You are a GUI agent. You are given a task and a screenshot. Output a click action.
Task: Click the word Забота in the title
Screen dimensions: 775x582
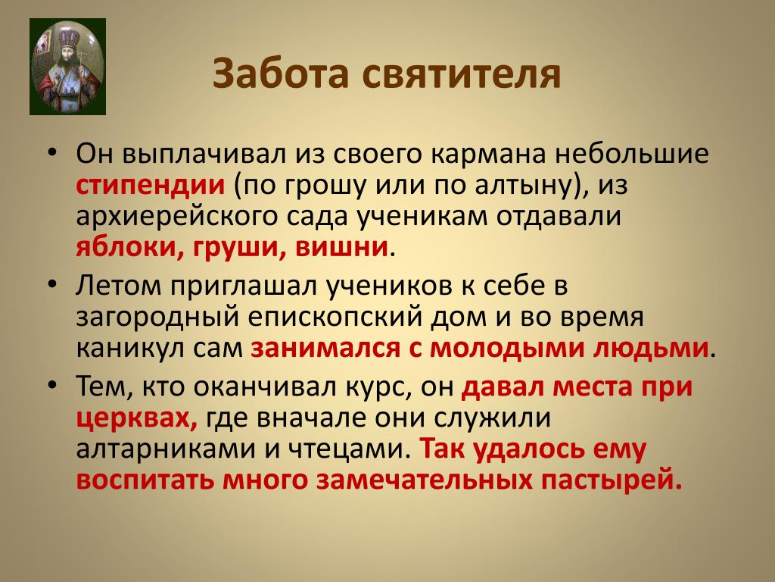click(x=281, y=74)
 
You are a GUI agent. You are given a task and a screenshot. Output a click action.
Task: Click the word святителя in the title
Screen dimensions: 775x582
click(x=462, y=74)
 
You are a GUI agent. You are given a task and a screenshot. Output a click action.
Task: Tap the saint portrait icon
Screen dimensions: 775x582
click(x=67, y=67)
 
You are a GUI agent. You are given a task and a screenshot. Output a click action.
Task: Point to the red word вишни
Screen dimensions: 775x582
click(x=341, y=247)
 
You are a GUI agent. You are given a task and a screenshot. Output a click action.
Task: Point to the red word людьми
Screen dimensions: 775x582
click(x=651, y=349)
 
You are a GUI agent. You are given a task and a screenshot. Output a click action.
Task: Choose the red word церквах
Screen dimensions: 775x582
click(x=138, y=418)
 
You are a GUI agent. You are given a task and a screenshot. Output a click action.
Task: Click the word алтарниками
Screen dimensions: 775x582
click(x=167, y=449)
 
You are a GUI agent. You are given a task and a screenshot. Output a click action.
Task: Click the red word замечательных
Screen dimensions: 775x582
click(x=424, y=480)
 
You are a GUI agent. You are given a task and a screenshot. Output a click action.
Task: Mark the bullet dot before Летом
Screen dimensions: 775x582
click(x=52, y=285)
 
